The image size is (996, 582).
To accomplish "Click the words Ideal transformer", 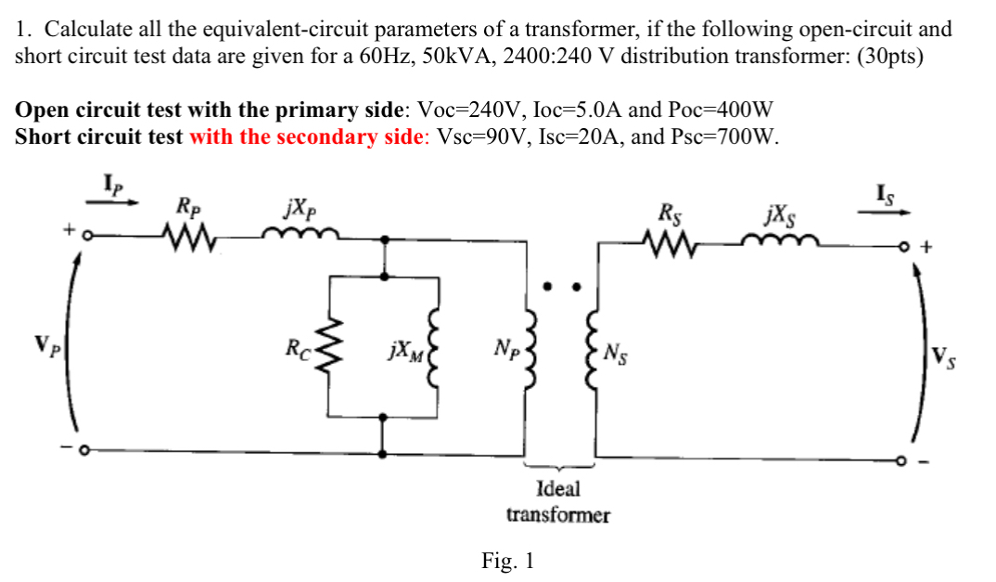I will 557,501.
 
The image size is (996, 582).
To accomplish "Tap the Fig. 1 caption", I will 507,561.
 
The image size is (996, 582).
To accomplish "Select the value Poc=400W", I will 723,110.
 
